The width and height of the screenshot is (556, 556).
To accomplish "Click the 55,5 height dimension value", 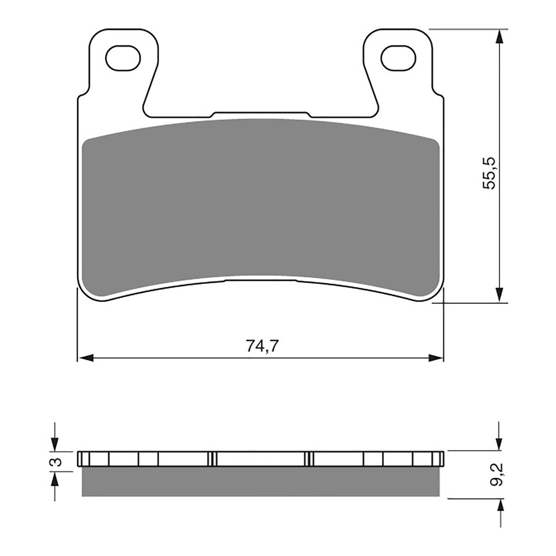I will (x=489, y=172).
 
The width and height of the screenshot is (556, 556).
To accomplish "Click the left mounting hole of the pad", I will (x=123, y=57).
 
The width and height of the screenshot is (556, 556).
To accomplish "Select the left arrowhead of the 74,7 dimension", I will (x=86, y=358).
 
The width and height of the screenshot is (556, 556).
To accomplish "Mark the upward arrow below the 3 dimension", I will (x=55, y=479).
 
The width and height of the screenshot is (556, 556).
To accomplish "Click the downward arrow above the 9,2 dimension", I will (x=499, y=443).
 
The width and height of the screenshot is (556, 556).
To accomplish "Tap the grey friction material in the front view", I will (x=259, y=204).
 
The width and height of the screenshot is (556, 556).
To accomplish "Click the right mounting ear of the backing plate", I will (x=397, y=69).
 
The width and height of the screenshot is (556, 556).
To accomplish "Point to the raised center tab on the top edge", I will (x=259, y=114).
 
